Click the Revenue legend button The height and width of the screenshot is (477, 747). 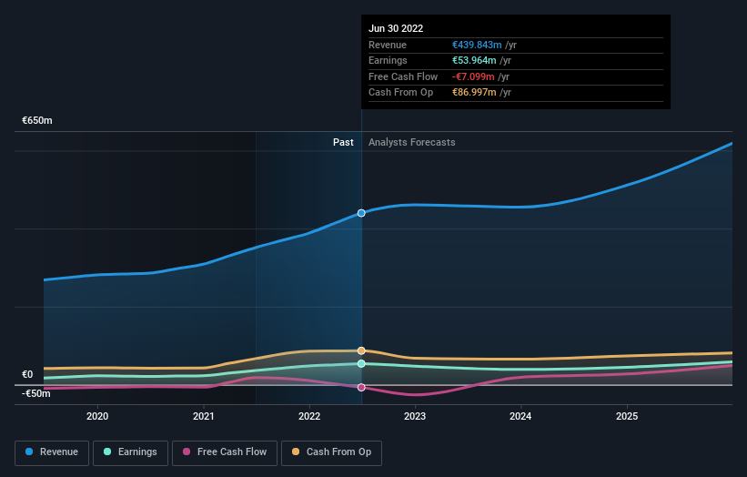(52, 452)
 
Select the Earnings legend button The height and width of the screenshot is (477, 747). (130, 452)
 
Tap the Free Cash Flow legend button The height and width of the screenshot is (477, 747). (224, 452)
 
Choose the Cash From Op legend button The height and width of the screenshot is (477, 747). (331, 452)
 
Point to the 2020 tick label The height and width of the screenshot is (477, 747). (97, 416)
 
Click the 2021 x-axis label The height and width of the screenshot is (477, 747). (204, 416)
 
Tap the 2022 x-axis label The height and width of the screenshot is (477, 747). (309, 416)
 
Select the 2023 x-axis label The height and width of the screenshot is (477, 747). (415, 416)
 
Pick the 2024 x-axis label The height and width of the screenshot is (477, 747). (520, 416)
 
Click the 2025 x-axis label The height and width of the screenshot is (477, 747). (627, 416)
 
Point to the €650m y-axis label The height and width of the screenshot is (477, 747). (37, 120)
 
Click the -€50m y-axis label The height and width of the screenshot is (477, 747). (37, 393)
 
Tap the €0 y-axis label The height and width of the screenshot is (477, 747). (27, 374)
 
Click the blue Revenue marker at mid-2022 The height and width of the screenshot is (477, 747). (361, 213)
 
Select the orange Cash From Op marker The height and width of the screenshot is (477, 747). (361, 350)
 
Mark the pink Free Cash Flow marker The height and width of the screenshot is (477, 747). (361, 388)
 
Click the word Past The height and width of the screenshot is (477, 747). (343, 142)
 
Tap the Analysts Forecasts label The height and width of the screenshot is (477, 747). (412, 142)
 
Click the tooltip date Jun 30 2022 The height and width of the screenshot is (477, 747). (396, 29)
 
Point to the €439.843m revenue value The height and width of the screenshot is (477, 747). (475, 45)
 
